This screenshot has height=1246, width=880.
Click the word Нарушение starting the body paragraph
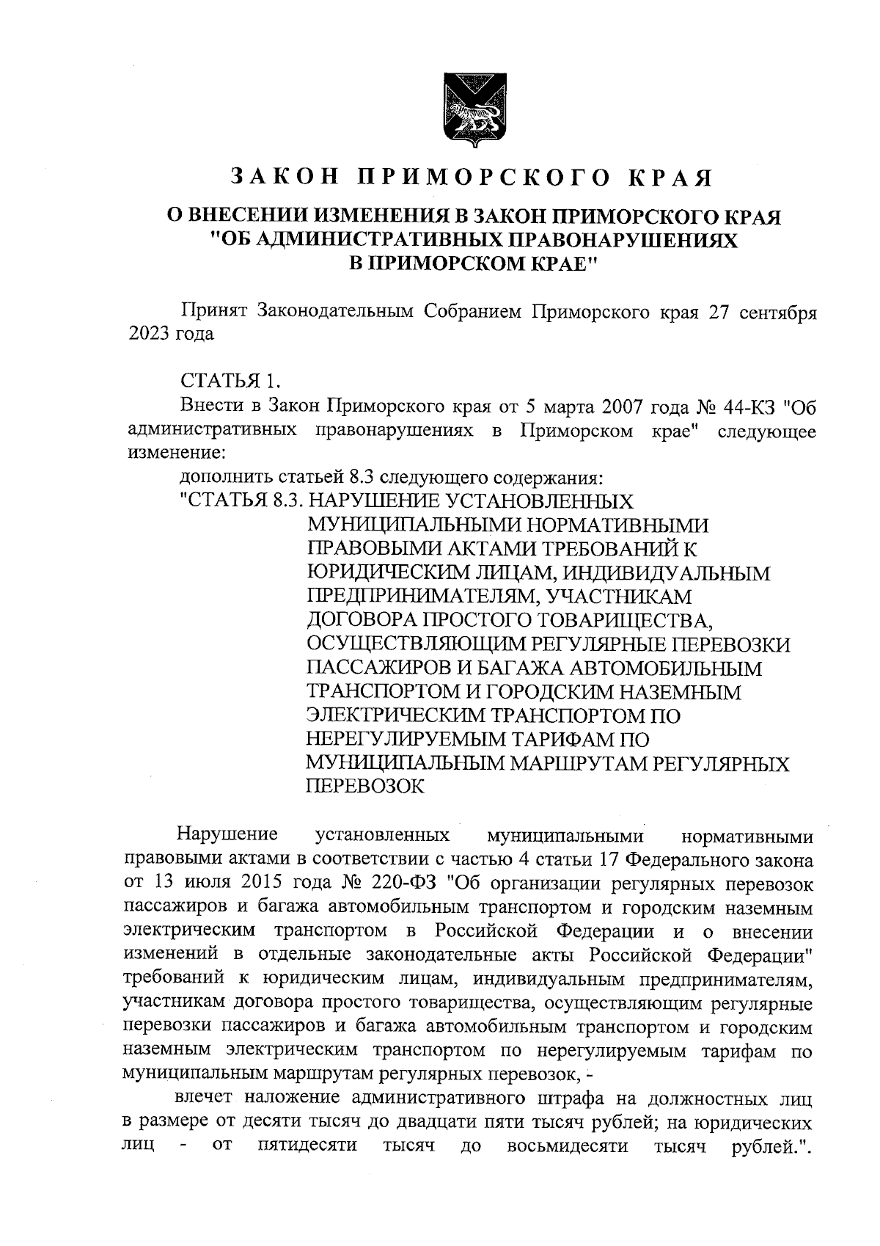pos(227,834)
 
